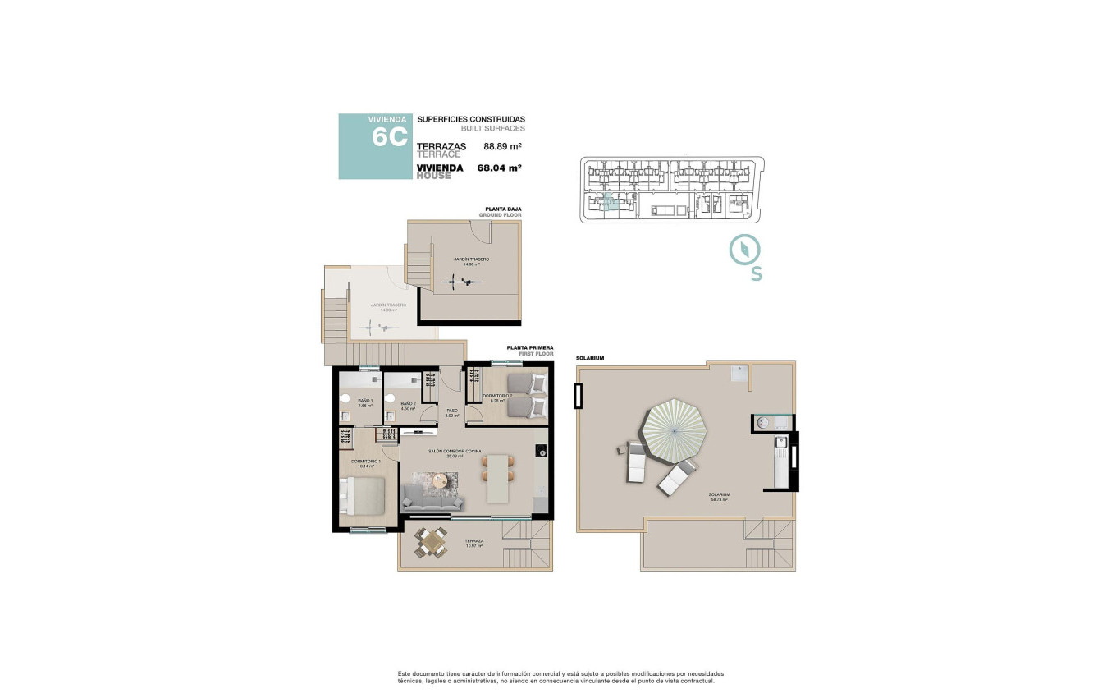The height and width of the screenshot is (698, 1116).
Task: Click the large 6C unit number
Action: pyautogui.click(x=389, y=137)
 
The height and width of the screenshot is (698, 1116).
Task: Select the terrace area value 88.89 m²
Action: pyautogui.click(x=503, y=147)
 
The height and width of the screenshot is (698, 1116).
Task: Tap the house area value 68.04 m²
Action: pyautogui.click(x=500, y=168)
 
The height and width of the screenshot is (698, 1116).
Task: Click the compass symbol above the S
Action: pyautogui.click(x=745, y=249)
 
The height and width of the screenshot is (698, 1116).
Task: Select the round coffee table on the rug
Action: pyautogui.click(x=442, y=480)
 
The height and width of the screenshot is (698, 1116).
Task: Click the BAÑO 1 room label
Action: pyautogui.click(x=365, y=401)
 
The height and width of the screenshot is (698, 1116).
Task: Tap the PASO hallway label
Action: pyautogui.click(x=451, y=411)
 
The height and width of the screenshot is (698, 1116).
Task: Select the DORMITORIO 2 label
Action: pyautogui.click(x=496, y=396)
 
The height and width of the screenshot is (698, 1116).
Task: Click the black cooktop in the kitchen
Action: pyautogui.click(x=541, y=451)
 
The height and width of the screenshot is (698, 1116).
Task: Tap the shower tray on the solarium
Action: pyautogui.click(x=740, y=374)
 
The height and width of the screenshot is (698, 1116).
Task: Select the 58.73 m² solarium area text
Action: pyautogui.click(x=720, y=499)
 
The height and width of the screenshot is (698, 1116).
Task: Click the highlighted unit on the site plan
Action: pyautogui.click(x=608, y=204)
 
